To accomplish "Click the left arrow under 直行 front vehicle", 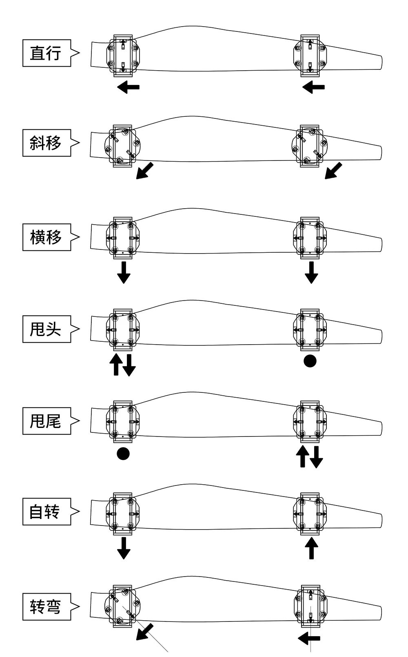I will click(128, 87).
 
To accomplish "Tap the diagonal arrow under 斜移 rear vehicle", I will click(333, 171).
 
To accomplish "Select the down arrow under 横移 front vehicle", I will click(124, 273).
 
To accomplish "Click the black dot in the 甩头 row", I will click(310, 361).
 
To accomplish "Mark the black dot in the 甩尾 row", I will click(123, 454).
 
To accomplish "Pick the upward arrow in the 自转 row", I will click(311, 548).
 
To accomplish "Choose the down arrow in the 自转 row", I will click(124, 548).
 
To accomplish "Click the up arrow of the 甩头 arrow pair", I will click(116, 365).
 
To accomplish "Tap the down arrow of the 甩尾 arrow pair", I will click(316, 457).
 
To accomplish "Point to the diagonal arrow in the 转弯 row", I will click(144, 632).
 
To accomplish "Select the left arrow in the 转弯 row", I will click(309, 638).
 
